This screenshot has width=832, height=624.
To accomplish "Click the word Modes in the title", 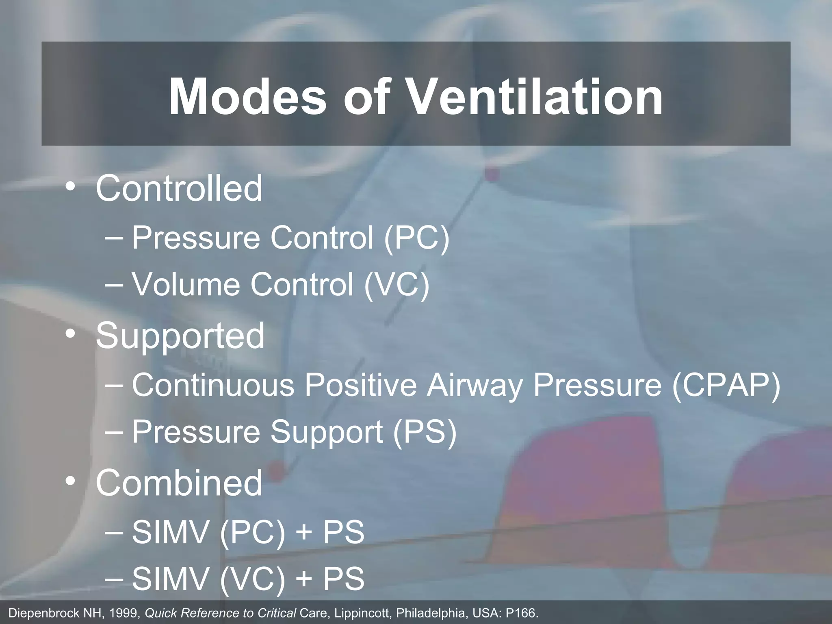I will click(247, 97).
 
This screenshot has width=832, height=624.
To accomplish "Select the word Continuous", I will click(213, 385).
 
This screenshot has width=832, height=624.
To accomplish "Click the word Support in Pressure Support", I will click(327, 432).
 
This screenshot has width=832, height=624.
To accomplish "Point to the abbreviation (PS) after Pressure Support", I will click(425, 432).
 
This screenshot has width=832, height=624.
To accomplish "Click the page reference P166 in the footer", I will click(520, 613).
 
